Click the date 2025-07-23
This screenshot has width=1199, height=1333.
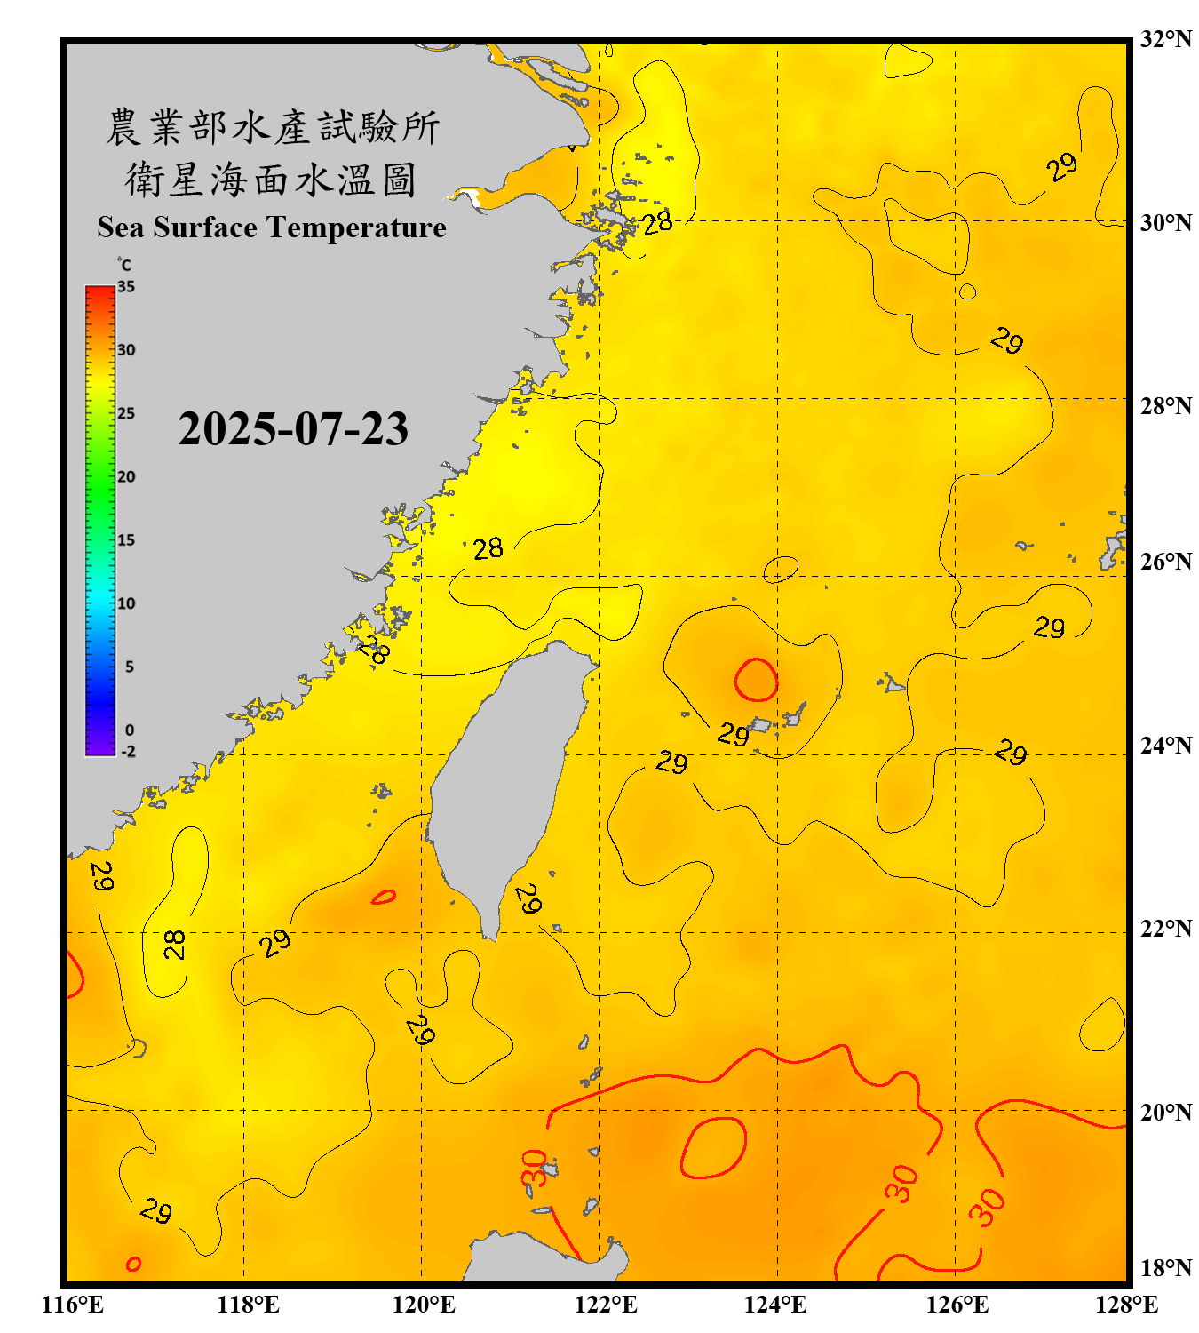pos(293,429)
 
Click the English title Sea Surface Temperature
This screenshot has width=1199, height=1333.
pos(271,227)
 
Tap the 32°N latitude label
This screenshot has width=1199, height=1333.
pos(1165,39)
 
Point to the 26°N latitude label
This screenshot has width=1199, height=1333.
pos(1165,562)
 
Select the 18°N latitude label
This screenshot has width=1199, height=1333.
pos(1165,1268)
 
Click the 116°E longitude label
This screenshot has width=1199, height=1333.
pos(73,1305)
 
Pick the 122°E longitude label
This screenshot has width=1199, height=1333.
pos(606,1305)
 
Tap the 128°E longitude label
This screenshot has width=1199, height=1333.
pos(1126,1305)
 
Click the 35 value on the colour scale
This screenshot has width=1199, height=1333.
pos(126,287)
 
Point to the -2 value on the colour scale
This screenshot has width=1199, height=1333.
pos(128,752)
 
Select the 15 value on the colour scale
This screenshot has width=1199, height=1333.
pos(126,540)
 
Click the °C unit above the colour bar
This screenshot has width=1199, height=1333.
pos(124,265)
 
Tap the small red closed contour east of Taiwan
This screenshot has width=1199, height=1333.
pos(756,681)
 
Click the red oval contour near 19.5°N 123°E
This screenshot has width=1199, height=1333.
pos(713,1148)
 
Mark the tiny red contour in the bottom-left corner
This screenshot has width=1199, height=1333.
pos(133,1264)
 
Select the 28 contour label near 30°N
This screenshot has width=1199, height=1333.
pos(657,223)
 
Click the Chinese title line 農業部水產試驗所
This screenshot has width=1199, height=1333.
pos(272,128)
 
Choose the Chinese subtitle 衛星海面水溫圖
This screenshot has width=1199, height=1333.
pos(271,180)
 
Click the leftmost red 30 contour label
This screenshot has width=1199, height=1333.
pos(534,1169)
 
